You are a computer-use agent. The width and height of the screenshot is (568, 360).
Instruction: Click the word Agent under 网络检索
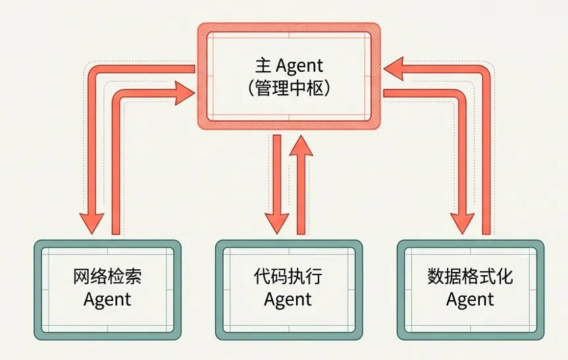(107, 299)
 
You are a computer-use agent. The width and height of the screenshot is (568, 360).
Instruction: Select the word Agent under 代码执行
(288, 299)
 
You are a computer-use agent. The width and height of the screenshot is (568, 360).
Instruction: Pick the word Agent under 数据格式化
(470, 299)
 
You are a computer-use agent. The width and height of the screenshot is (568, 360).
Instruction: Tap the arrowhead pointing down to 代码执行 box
(276, 222)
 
